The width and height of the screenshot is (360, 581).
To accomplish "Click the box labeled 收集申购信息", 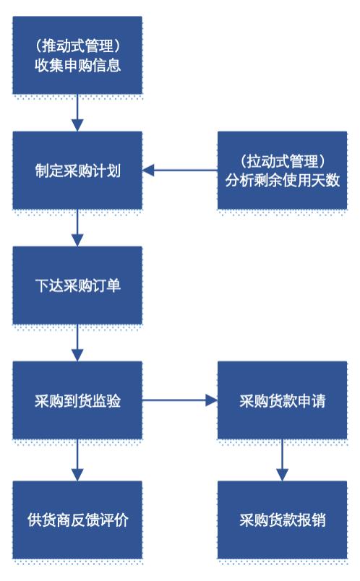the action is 77,55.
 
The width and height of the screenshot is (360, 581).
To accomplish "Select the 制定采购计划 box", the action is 77,171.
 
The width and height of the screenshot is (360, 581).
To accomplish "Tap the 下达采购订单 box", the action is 77,285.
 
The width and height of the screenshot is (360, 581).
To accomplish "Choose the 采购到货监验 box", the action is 77,400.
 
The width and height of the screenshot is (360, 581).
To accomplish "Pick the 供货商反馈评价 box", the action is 77,520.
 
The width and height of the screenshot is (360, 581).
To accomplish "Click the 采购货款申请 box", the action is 282,400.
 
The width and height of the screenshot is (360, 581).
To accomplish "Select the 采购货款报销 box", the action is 282,520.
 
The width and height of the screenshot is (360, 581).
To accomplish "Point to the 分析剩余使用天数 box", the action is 282,171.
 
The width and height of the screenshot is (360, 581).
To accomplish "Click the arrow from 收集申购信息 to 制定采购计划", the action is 77,113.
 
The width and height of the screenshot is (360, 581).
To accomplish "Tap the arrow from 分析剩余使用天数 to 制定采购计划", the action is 180,171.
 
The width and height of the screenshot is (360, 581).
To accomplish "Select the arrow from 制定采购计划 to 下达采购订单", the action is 77,228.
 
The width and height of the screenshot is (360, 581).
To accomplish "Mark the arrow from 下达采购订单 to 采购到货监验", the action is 77,343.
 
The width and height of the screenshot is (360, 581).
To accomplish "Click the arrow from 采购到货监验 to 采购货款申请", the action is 180,400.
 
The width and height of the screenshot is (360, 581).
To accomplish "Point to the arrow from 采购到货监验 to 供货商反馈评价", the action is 77,460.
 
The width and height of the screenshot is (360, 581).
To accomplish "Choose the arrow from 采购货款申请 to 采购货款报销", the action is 282,460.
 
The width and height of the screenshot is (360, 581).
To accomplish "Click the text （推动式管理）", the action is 77,46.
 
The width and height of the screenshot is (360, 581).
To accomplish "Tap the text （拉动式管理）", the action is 282,161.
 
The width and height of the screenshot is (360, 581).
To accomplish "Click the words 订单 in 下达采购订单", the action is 106,285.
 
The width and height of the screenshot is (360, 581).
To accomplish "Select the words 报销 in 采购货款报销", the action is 311,520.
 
